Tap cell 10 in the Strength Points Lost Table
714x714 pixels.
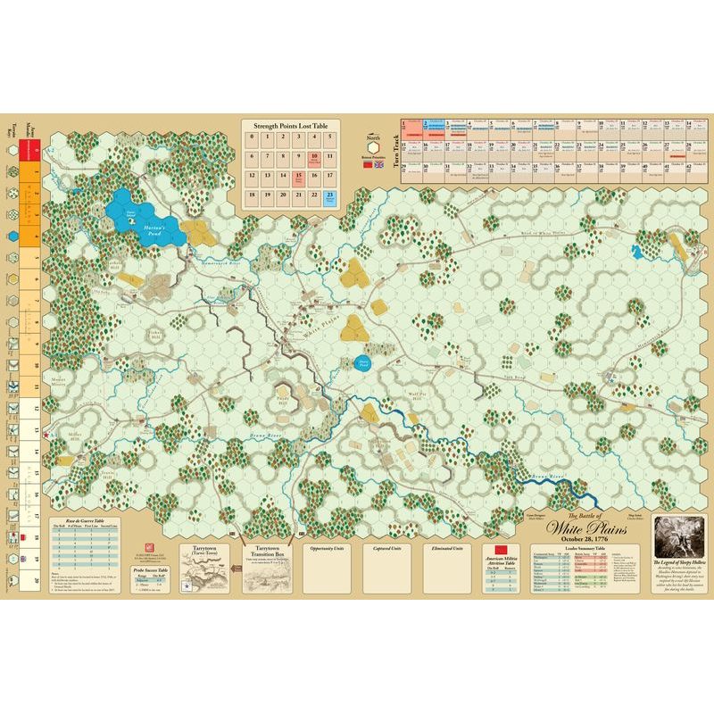(x=313, y=157)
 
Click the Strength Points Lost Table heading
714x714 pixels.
(x=289, y=128)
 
